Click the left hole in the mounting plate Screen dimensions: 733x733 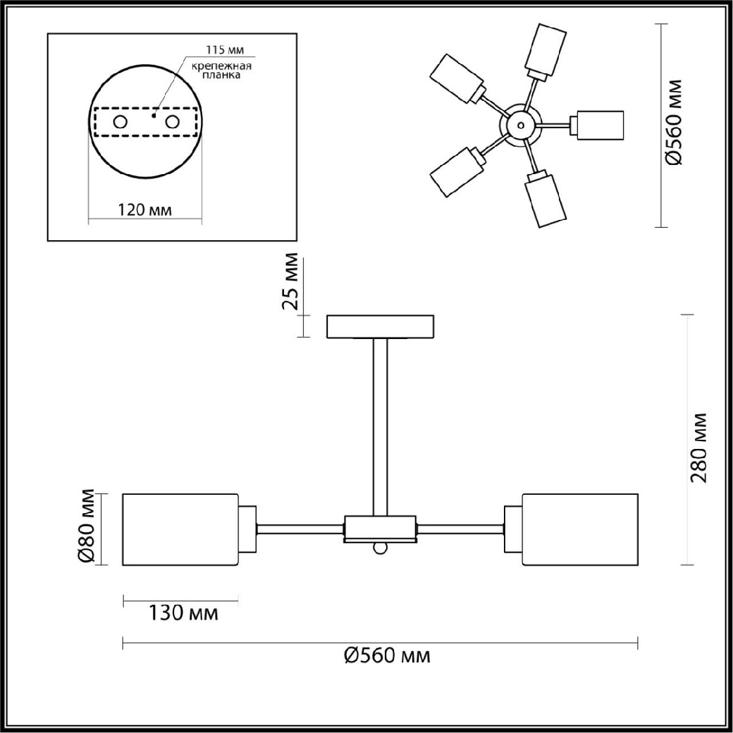pyautogui.click(x=120, y=122)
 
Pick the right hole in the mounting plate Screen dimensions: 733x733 pyautogui.click(x=173, y=122)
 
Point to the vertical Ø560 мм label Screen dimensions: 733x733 pyautogui.click(x=674, y=123)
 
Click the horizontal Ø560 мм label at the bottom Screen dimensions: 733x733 pyautogui.click(x=387, y=656)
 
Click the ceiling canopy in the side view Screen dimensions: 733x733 pyautogui.click(x=381, y=326)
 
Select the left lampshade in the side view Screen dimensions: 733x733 pyautogui.click(x=180, y=529)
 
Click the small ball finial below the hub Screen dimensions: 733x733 pyautogui.click(x=380, y=548)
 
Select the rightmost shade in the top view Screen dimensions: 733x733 pyautogui.click(x=599, y=125)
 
